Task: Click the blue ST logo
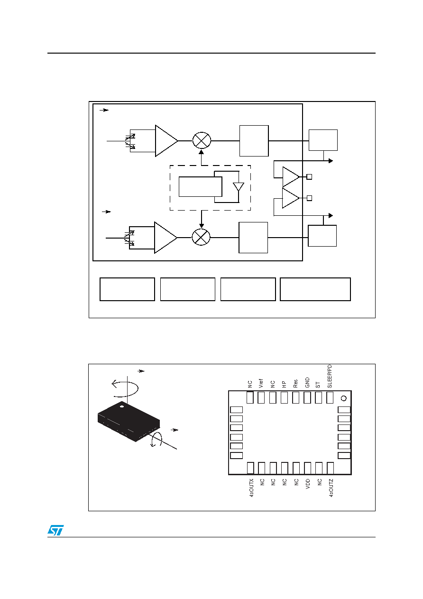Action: [55, 530]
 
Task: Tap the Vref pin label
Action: [261, 383]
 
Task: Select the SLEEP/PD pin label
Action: [330, 376]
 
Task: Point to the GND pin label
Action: [307, 382]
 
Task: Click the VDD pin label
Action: [308, 484]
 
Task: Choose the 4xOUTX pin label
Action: [251, 488]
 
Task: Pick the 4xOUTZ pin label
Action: [331, 488]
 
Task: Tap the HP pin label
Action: [284, 385]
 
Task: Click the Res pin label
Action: [295, 384]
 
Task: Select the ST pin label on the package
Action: [318, 385]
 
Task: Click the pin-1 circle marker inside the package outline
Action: [344, 398]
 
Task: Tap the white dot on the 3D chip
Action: [122, 406]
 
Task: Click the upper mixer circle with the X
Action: [202, 140]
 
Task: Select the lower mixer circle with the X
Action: [201, 237]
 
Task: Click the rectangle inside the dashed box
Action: [200, 187]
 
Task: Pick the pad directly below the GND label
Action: [307, 397]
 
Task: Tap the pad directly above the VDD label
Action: [307, 468]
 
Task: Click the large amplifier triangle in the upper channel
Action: [166, 141]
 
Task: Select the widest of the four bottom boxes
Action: [315, 289]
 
